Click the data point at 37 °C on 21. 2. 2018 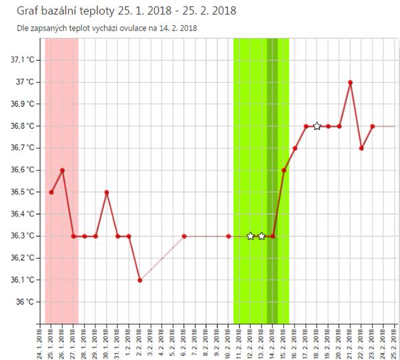click(x=350, y=82)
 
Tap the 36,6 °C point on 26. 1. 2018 click(x=62, y=170)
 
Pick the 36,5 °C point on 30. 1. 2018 click(x=107, y=192)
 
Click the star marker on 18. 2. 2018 click(x=317, y=126)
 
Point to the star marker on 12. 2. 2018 click(x=251, y=236)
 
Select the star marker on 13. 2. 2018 click(x=261, y=236)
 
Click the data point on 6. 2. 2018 click(x=184, y=236)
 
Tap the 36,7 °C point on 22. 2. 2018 click(x=361, y=148)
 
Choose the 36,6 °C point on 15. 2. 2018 click(x=284, y=170)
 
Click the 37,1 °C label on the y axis click(x=27, y=60)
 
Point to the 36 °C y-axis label click(x=29, y=302)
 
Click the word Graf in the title click(x=21, y=11)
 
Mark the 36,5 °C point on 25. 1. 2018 click(x=51, y=192)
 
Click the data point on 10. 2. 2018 click(x=229, y=236)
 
